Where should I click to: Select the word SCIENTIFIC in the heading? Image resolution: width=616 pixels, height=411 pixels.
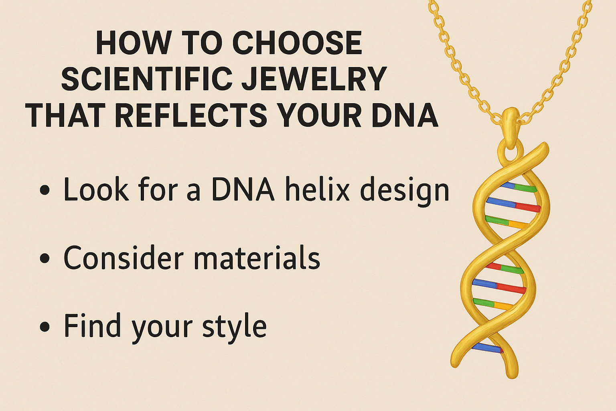click(147, 79)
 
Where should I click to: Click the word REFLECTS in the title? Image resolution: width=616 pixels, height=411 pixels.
click(191, 115)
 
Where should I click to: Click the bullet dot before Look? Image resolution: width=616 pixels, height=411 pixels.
click(45, 190)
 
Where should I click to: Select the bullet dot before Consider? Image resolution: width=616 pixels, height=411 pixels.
click(45, 258)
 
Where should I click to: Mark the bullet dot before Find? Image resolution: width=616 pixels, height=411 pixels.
click(45, 326)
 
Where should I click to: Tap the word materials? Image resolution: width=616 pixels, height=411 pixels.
click(257, 258)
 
